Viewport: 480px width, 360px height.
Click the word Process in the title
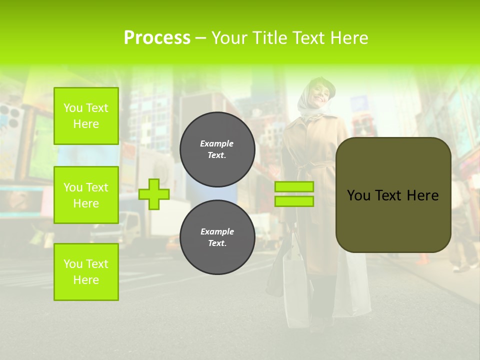coord(157,37)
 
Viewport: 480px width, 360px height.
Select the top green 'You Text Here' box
coord(86,116)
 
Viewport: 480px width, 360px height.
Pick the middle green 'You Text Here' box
coord(86,195)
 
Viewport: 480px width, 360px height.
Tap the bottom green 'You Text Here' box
coord(86,272)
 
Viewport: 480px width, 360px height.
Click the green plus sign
coord(153,194)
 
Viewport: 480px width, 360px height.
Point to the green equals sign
coord(294,194)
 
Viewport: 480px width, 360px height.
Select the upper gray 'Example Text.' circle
coord(217,149)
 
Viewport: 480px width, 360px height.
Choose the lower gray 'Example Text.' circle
coord(217,237)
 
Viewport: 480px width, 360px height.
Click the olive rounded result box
coord(393,195)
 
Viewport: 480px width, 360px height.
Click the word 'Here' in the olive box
coord(422,195)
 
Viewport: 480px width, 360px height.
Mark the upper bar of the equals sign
coord(294,186)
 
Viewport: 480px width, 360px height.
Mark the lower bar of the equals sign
coord(294,201)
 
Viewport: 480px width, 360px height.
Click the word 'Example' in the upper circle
coord(216,143)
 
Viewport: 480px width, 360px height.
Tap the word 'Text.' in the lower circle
coord(217,243)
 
